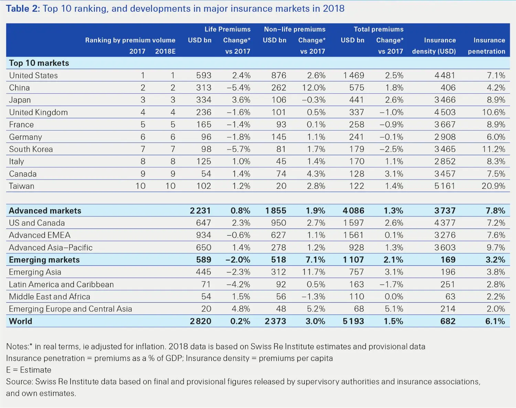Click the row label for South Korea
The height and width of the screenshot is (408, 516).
(31, 149)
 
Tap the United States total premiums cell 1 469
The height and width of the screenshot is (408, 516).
(354, 75)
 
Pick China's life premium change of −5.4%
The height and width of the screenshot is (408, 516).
(238, 88)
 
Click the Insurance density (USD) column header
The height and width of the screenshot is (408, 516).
(434, 46)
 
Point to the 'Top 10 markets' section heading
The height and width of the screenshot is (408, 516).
(39, 63)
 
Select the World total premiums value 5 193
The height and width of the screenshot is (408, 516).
(353, 321)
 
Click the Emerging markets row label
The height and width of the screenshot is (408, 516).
(44, 260)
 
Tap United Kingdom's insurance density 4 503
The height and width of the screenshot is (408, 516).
(445, 112)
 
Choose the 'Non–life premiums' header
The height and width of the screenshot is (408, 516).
(294, 29)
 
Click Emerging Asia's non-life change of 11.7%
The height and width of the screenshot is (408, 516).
(313, 272)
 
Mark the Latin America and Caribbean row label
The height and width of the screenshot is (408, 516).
(61, 284)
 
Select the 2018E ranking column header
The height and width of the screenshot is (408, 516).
(165, 51)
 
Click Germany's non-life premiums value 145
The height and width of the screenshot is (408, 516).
(279, 137)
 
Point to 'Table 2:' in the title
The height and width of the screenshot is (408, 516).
(23, 9)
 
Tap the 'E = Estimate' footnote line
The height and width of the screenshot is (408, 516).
(29, 370)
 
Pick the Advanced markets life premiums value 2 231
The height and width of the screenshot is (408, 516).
(200, 211)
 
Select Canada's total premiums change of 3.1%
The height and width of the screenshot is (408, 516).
(394, 174)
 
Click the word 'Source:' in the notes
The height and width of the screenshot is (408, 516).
(20, 381)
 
